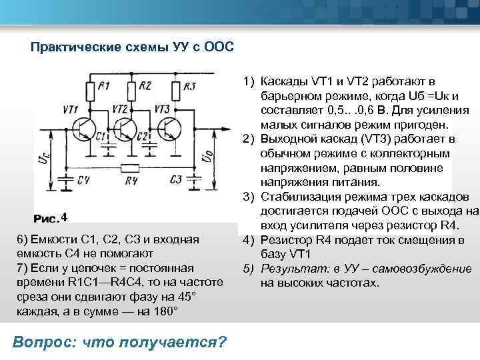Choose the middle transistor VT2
pyautogui.click(x=124, y=129)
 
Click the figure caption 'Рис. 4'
pyautogui.click(x=51, y=217)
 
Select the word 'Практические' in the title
pyautogui.click(x=72, y=48)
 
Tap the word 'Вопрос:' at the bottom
pyautogui.click(x=45, y=342)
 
